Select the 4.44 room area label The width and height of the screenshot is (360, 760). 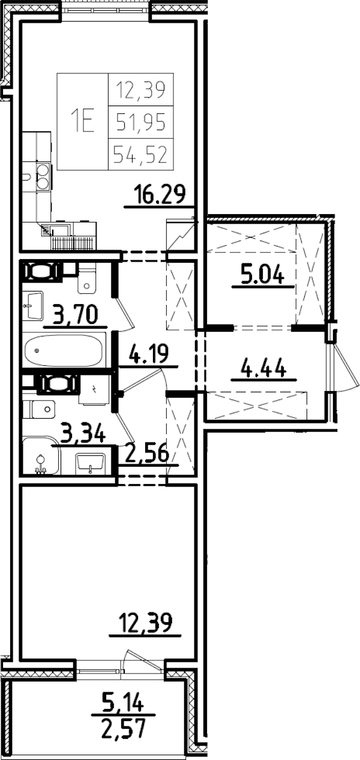262,367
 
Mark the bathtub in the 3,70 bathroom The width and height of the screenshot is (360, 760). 65,350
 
